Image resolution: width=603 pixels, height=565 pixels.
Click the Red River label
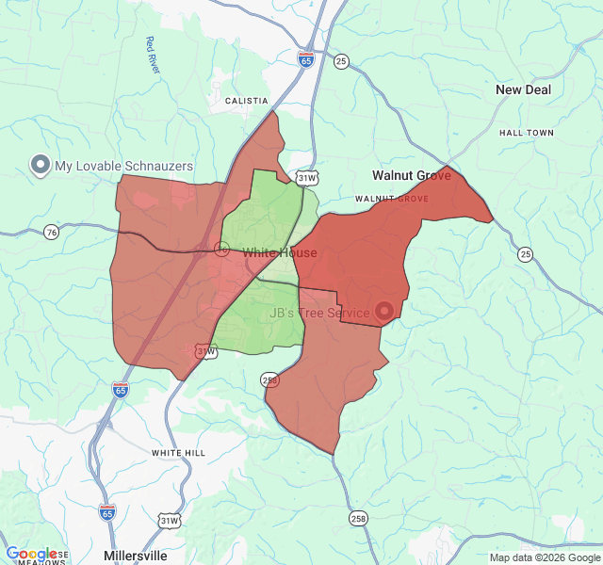point(152,55)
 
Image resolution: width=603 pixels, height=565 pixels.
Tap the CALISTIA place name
point(247,101)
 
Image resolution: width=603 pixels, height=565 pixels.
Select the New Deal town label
point(523,89)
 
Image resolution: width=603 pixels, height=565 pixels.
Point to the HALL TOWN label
point(527,133)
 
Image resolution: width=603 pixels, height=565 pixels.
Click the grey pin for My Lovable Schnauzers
point(41,166)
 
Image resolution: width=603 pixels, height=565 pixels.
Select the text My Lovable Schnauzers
point(123,166)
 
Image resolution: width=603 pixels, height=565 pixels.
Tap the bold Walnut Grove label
point(411,175)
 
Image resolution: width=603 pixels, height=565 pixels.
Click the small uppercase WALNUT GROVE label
point(391,199)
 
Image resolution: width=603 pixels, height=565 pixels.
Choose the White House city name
point(280,253)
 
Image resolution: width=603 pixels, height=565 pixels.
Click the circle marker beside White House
point(222,249)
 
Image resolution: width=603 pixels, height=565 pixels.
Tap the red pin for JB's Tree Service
point(384,311)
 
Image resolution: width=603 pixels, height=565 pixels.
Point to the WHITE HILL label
point(178,453)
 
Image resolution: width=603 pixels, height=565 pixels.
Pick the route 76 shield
point(51,232)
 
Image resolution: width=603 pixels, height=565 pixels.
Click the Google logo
point(31,555)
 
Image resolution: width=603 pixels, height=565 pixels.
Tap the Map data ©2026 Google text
point(545,557)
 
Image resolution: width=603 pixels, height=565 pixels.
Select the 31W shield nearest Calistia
point(306,176)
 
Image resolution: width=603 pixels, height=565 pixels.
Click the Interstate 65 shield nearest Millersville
point(107,511)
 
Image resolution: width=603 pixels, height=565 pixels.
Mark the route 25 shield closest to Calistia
point(341,61)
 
